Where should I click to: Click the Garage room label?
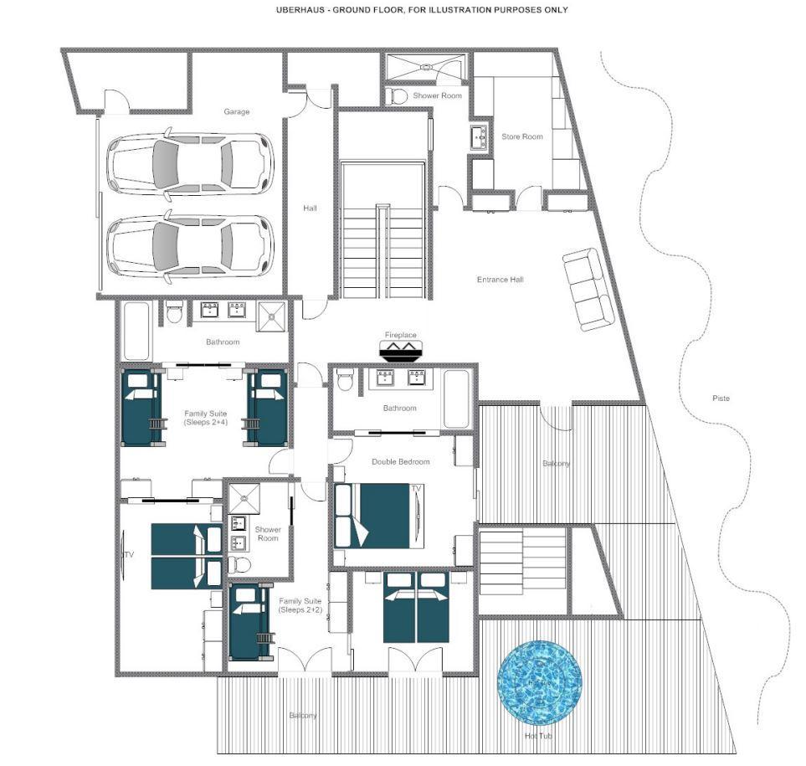point(236,111)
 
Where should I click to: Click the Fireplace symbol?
point(400,353)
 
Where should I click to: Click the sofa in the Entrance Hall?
point(588,289)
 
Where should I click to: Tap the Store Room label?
point(521,136)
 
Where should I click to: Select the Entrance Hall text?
point(500,280)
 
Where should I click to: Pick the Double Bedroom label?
point(400,462)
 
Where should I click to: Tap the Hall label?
point(310,208)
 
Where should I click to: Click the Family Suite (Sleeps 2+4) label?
point(207,418)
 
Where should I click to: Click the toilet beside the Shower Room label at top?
point(399,97)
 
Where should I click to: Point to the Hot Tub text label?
point(539,737)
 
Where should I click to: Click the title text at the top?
point(422,10)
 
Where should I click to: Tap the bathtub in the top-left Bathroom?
point(136,331)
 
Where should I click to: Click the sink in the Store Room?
point(480,136)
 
